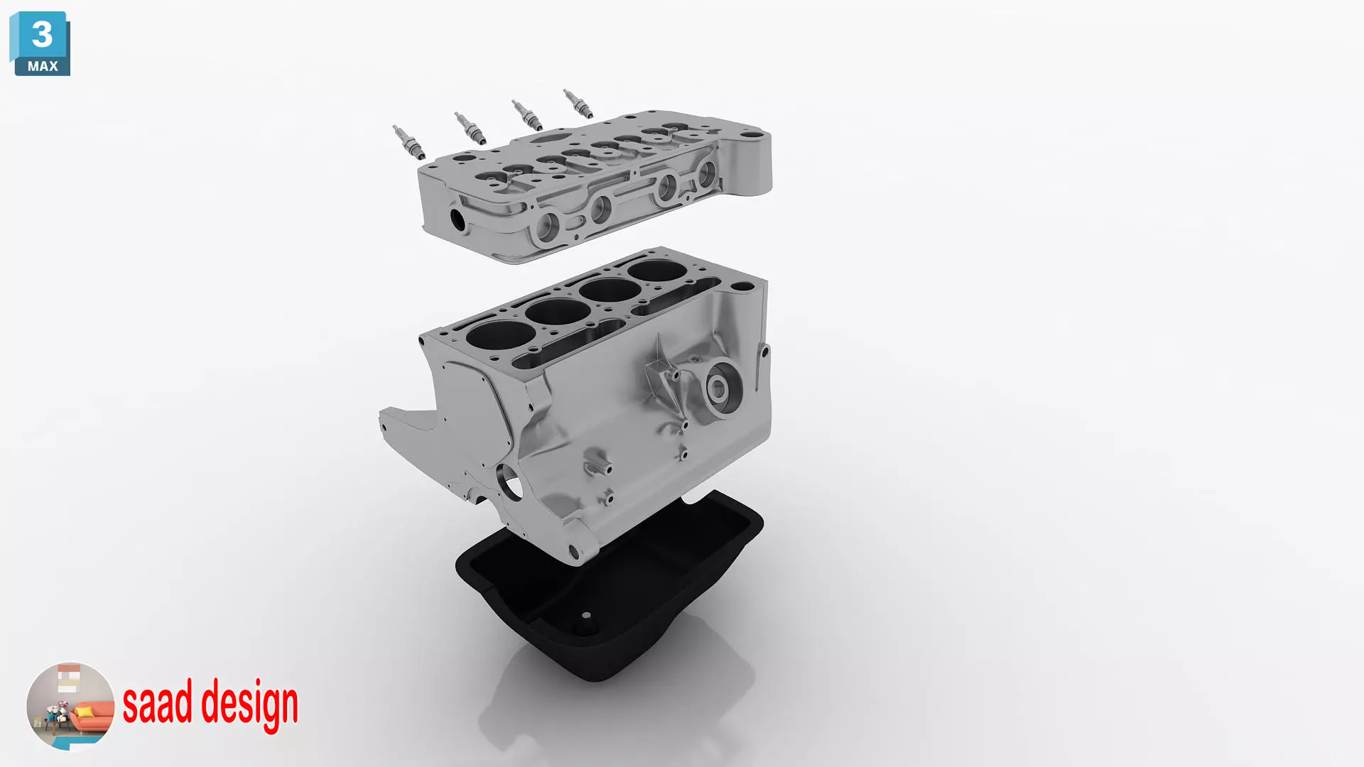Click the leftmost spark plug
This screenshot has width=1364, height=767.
(x=409, y=142)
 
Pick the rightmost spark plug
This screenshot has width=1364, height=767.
(x=578, y=104)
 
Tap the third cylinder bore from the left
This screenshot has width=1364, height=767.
(x=610, y=290)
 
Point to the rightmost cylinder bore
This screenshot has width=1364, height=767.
(x=656, y=271)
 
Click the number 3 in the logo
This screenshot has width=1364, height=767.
(x=42, y=34)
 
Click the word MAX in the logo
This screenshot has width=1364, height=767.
(x=43, y=66)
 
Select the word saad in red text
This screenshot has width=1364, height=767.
(x=157, y=702)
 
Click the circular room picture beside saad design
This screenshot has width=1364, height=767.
(x=70, y=706)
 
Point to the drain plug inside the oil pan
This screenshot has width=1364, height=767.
(x=586, y=617)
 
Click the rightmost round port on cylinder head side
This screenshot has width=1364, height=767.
(x=707, y=173)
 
